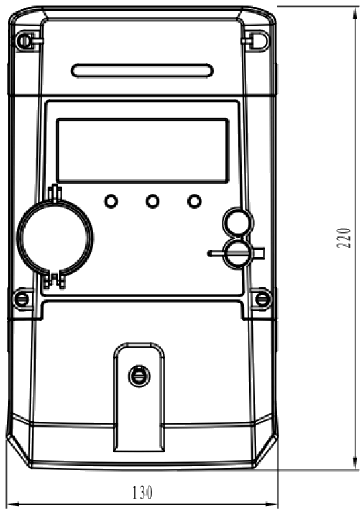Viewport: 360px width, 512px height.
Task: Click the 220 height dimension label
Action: (344, 238)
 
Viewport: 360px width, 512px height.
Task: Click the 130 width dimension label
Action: (142, 493)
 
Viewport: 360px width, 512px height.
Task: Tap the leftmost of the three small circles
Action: (111, 201)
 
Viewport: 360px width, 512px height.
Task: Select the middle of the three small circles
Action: (152, 201)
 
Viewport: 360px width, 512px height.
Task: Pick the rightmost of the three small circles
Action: (194, 201)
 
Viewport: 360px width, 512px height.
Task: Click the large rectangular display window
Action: (142, 150)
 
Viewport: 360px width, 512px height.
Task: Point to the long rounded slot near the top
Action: (142, 70)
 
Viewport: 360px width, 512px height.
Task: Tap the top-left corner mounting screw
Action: (24, 41)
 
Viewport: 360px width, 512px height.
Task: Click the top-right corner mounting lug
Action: (259, 41)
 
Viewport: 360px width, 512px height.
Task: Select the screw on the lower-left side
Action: (22, 299)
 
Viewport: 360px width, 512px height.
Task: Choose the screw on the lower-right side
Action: (263, 299)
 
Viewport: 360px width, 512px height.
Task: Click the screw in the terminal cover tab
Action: (140, 376)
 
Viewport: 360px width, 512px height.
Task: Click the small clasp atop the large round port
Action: (55, 193)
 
